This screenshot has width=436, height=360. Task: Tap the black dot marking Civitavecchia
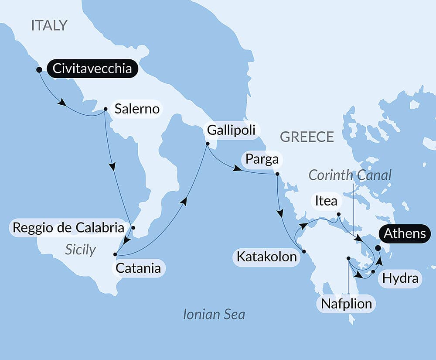(x=39, y=69)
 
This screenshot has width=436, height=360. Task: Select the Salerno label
(x=137, y=109)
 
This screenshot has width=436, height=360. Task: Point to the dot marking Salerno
(x=106, y=110)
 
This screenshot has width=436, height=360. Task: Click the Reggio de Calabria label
(x=68, y=227)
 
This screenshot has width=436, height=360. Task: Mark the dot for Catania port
(x=115, y=254)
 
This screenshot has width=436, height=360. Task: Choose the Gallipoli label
(x=232, y=130)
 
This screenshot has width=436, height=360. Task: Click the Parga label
(x=262, y=159)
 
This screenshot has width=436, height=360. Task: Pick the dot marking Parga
(x=277, y=174)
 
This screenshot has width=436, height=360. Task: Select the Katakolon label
(x=266, y=257)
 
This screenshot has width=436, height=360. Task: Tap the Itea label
(x=326, y=201)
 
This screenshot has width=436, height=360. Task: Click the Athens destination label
(x=405, y=233)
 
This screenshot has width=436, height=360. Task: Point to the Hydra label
(x=400, y=278)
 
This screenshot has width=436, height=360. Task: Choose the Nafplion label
(x=347, y=303)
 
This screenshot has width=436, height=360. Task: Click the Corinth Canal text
(x=350, y=175)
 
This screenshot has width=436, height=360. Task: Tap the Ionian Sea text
(x=214, y=314)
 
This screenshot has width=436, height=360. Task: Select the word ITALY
(x=49, y=25)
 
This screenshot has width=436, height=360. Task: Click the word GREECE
(x=307, y=137)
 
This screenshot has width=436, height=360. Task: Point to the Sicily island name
(x=80, y=249)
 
